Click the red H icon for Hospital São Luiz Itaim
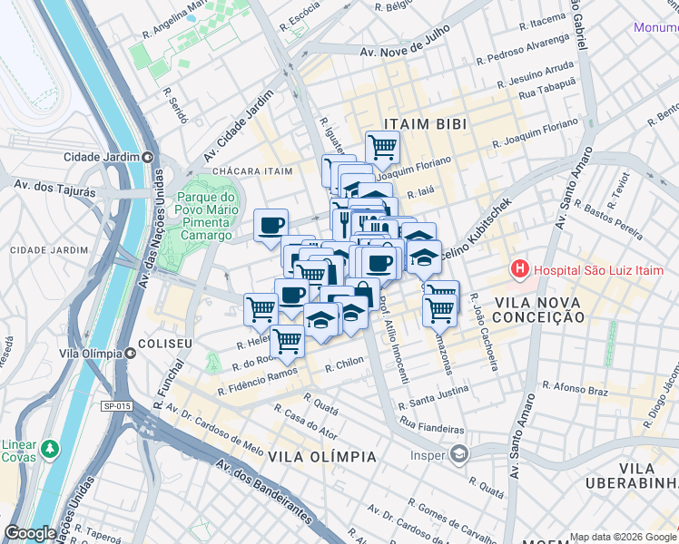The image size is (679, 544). coord(519,268)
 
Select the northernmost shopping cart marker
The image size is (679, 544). coord(382,145)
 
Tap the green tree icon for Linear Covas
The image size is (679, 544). coord(49,448)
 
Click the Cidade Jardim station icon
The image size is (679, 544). coord(147,156)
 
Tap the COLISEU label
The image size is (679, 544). coord(164,345)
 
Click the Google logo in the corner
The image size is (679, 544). coord(30,533)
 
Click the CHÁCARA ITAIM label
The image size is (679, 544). coord(252,170)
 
